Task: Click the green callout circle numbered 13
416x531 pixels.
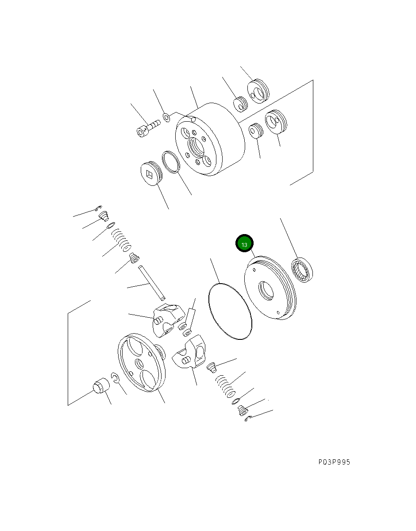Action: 244,244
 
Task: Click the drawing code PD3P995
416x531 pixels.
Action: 334,462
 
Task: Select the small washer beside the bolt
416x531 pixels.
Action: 167,117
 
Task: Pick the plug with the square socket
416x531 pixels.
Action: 150,175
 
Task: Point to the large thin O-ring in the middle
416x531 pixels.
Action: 230,311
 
